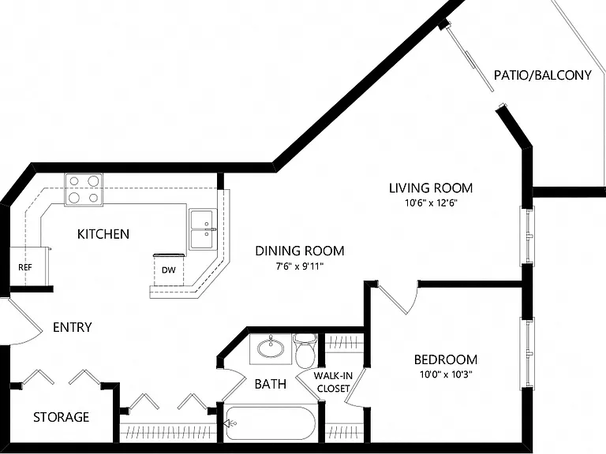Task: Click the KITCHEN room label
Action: click(103, 234)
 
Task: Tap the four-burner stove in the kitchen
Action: click(84, 189)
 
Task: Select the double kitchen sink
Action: click(203, 229)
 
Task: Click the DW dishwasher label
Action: click(169, 270)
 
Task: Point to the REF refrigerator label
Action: click(25, 267)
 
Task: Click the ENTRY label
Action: click(73, 327)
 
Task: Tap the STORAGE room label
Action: click(61, 417)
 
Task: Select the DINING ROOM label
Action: click(300, 251)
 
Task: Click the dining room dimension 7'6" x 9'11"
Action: click(300, 266)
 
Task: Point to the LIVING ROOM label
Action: click(431, 188)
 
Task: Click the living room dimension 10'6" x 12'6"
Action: click(431, 203)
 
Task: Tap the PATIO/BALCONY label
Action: click(543, 75)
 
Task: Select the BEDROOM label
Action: click(446, 359)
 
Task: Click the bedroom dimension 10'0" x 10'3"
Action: click(446, 374)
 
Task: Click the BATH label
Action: click(271, 384)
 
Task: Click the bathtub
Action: click(270, 423)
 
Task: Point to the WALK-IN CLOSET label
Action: click(333, 381)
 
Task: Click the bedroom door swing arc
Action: click(414, 300)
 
